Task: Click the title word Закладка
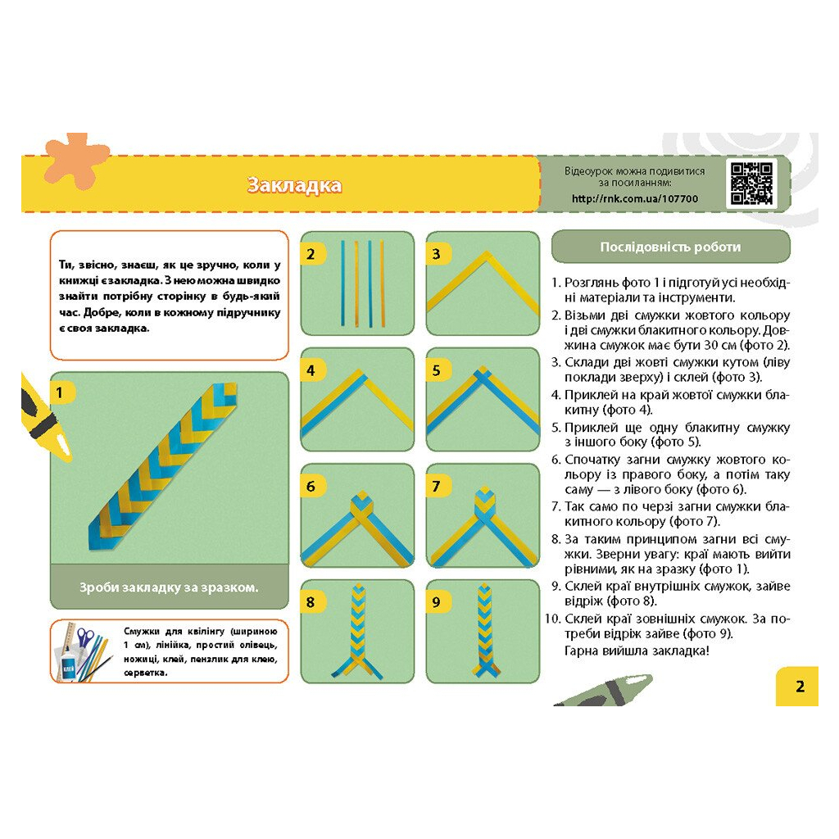tap(294, 185)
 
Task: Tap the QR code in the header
tap(752, 184)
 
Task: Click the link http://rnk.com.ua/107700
tap(635, 198)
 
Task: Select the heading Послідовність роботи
tap(670, 247)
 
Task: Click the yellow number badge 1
tap(60, 392)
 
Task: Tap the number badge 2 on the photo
tap(311, 254)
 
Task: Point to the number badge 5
tap(437, 370)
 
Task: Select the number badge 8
tap(311, 602)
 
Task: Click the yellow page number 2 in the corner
tap(800, 686)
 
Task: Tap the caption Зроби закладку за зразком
tap(169, 587)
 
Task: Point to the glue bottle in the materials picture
tap(67, 665)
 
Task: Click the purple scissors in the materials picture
tap(84, 639)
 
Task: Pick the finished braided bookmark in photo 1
tap(162, 466)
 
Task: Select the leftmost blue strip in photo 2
tap(342, 283)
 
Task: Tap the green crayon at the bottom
tap(604, 690)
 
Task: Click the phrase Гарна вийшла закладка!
tap(637, 651)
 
